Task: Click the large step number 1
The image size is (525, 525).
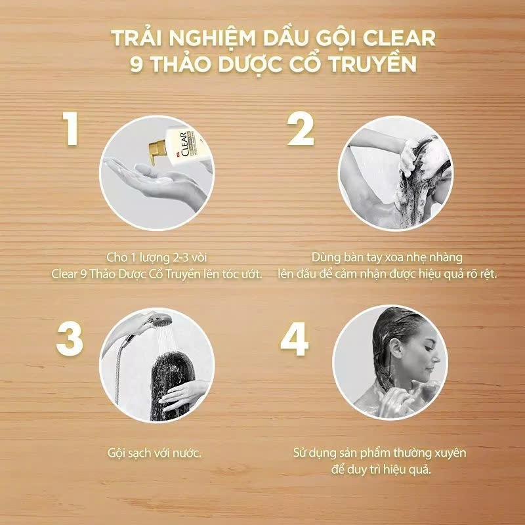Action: (71, 129)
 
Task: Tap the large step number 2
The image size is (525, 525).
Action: (301, 129)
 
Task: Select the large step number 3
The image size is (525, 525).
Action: (70, 339)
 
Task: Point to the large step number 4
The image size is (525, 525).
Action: (294, 339)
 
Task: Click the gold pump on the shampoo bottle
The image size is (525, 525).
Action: (157, 151)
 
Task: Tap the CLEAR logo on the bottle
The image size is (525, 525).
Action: (184, 144)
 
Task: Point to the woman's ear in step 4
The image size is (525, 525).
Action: (395, 350)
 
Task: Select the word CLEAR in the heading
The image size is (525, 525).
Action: (399, 38)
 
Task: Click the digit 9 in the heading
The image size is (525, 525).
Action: (136, 64)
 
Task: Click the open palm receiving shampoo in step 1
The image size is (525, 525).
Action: (140, 173)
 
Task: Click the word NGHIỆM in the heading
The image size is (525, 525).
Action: (212, 39)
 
